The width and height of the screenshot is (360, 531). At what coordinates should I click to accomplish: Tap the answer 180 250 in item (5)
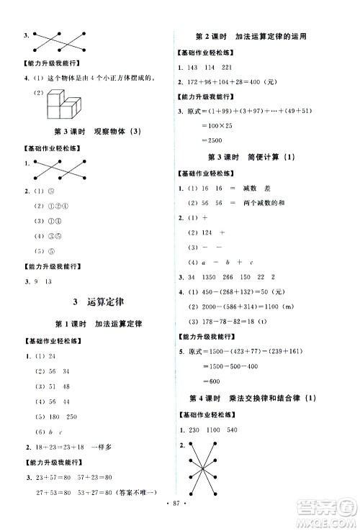(68, 418)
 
